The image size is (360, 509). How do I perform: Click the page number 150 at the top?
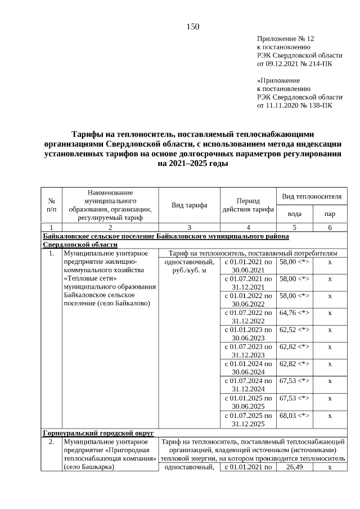click(193, 27)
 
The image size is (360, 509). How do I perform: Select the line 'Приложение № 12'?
click(286, 39)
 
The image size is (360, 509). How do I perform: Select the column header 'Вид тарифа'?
click(189, 205)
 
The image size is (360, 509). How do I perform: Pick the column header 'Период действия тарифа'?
click(248, 205)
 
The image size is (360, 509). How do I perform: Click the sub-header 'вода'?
click(294, 214)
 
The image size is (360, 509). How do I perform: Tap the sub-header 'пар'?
click(330, 214)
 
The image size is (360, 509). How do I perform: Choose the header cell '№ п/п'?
click(51, 205)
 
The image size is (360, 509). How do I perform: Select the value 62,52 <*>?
click(294, 330)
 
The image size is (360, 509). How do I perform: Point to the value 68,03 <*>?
click(294, 416)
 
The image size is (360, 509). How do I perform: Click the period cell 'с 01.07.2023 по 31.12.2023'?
click(248, 351)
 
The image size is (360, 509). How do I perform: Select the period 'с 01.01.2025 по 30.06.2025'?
click(248, 402)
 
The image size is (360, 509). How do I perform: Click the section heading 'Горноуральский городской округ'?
click(98, 433)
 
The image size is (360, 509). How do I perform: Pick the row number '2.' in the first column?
click(51, 442)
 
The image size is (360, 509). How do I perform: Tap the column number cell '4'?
click(248, 228)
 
